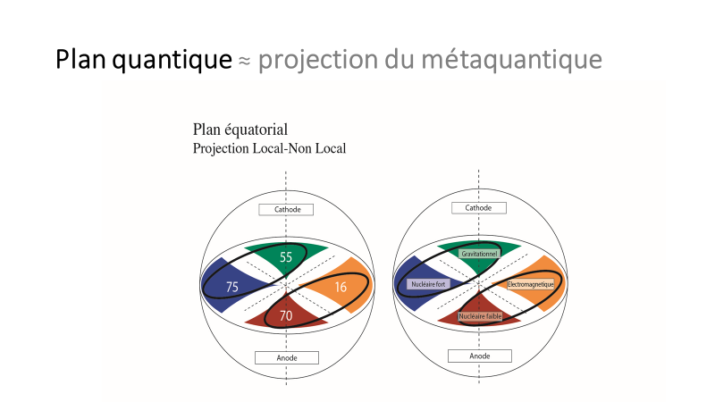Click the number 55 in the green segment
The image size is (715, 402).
coord(286,257)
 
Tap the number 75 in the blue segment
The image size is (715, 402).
coord(232,287)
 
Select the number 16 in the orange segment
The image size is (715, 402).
coord(341,287)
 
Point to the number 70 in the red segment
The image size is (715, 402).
coord(286,315)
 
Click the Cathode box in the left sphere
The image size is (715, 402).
coord(286,210)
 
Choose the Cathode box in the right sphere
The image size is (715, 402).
coord(479,208)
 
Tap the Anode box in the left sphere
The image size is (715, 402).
coord(287,358)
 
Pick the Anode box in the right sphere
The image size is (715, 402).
coord(480,356)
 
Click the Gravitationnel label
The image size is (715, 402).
coord(479,254)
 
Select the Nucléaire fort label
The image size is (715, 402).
coord(428,284)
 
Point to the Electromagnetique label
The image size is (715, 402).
coord(530,284)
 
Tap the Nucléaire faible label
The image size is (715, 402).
coord(480,316)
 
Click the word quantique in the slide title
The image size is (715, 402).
coord(172,60)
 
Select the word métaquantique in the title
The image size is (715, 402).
coord(511,60)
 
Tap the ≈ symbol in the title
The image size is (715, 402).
coord(245,61)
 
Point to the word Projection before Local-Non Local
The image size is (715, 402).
coord(221,148)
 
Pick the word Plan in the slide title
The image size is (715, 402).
coord(81,59)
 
